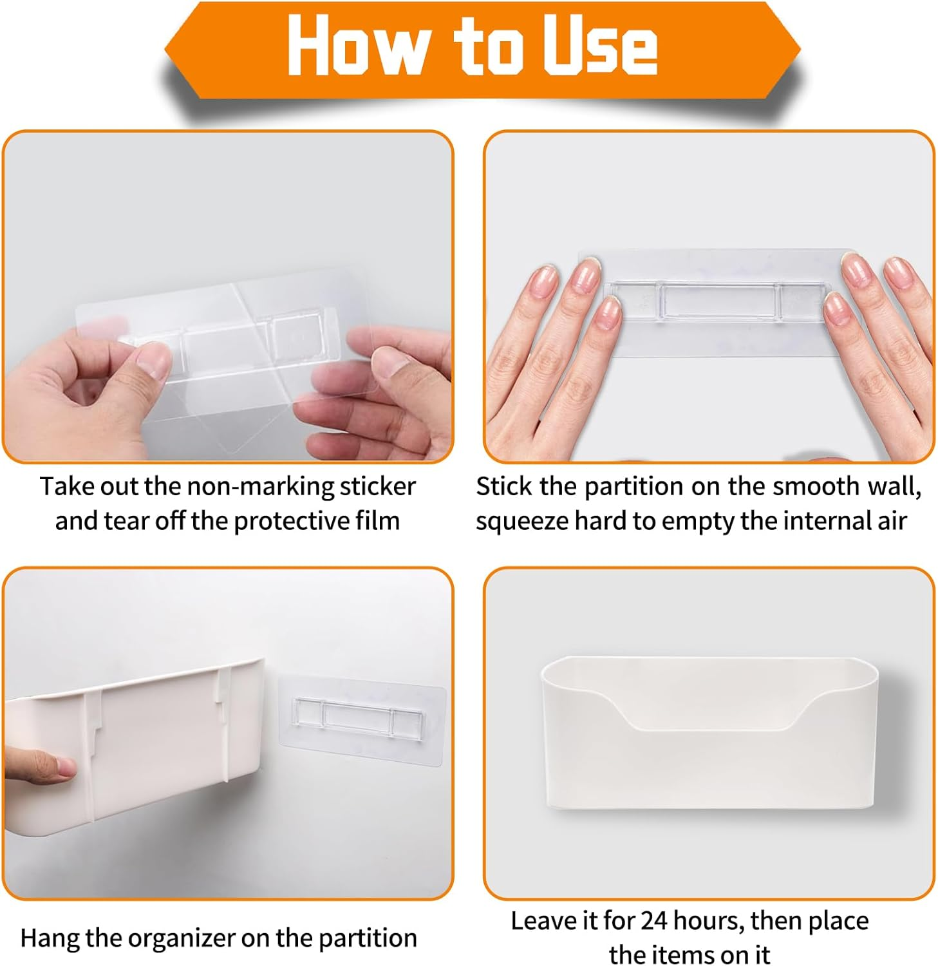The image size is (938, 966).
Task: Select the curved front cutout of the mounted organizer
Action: [x=708, y=715]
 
